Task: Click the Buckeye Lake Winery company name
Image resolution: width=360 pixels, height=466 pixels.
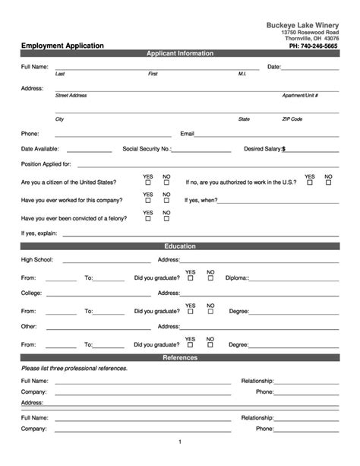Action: (x=303, y=25)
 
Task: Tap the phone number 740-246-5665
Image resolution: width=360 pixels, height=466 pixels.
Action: (x=315, y=46)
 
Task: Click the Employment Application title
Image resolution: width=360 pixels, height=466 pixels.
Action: (x=62, y=46)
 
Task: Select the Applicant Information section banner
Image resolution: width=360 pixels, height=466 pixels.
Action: (x=180, y=54)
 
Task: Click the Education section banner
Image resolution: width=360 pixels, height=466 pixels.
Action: (x=180, y=246)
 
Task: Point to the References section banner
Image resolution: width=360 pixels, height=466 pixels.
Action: (x=180, y=357)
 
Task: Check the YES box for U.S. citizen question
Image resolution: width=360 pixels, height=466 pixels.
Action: (x=147, y=182)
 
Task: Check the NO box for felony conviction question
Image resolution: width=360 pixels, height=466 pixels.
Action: (x=166, y=219)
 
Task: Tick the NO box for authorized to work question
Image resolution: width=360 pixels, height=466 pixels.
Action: (x=328, y=182)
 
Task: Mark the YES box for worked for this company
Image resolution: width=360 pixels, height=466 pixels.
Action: (x=147, y=201)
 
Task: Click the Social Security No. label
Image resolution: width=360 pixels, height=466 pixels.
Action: (x=147, y=149)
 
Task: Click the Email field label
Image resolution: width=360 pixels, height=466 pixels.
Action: (x=187, y=133)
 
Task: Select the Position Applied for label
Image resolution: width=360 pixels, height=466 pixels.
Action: (x=46, y=164)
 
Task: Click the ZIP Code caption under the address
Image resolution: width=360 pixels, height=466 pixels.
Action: (x=292, y=119)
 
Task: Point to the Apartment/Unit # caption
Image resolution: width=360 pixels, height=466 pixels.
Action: (x=300, y=96)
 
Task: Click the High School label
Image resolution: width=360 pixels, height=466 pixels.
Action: (x=36, y=260)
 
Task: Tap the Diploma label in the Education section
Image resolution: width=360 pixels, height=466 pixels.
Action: (x=237, y=278)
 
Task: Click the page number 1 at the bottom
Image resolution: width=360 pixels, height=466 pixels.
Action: (x=180, y=442)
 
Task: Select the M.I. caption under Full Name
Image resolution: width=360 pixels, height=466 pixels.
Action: (x=242, y=74)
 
